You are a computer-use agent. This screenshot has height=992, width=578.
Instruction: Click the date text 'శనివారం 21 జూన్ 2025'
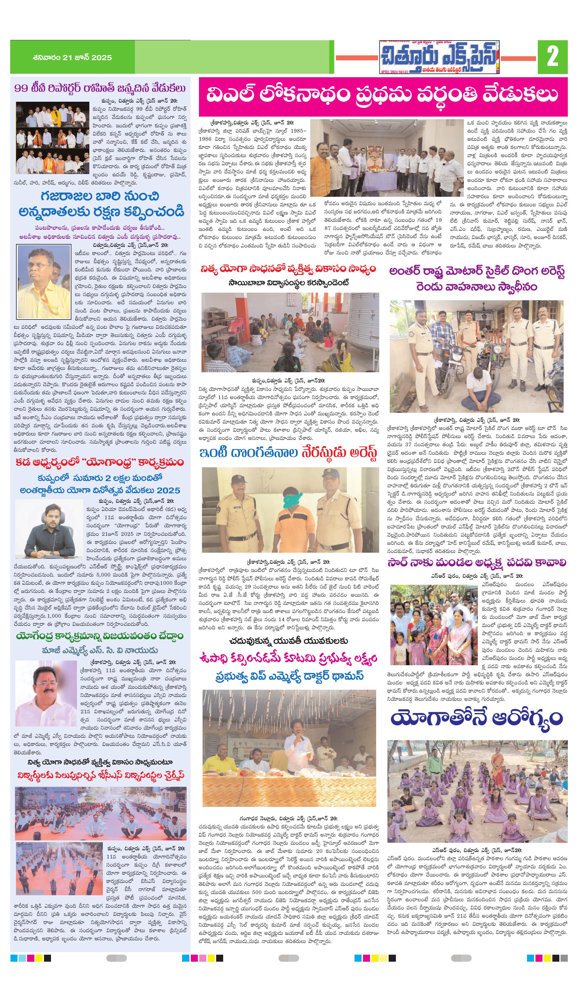[73, 57]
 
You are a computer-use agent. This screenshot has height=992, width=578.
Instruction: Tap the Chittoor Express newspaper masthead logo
[439, 57]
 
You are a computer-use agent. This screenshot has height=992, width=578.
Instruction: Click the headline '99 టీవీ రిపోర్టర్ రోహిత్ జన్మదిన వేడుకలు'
[100, 88]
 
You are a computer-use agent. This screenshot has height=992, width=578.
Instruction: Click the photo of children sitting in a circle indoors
[290, 332]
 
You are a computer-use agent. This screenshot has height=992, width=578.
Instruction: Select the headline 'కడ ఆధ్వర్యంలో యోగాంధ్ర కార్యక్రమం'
[100, 462]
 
